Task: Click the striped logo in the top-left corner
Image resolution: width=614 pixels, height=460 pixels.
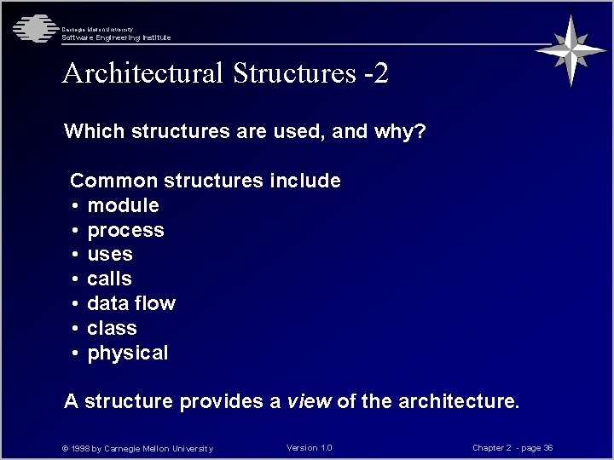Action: (x=32, y=28)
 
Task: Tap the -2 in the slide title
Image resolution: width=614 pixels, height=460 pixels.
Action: (x=375, y=73)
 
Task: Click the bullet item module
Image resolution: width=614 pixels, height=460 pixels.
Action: (x=123, y=205)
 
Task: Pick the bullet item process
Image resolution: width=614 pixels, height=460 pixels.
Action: (x=125, y=230)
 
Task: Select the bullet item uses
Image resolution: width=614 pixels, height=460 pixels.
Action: (x=110, y=254)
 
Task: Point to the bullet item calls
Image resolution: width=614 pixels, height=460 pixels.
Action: (x=110, y=279)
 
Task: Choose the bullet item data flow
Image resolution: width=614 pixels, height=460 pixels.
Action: (x=131, y=303)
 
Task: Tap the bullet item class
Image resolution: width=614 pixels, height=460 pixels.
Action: (x=112, y=328)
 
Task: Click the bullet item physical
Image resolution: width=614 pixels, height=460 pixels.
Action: (x=128, y=353)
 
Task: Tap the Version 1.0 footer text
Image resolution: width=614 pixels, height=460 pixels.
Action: (x=310, y=448)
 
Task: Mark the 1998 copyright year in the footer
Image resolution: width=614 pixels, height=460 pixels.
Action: (x=84, y=449)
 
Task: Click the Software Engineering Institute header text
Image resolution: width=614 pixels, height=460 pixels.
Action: (x=116, y=37)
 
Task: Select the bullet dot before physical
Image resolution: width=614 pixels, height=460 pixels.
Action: (x=76, y=354)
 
